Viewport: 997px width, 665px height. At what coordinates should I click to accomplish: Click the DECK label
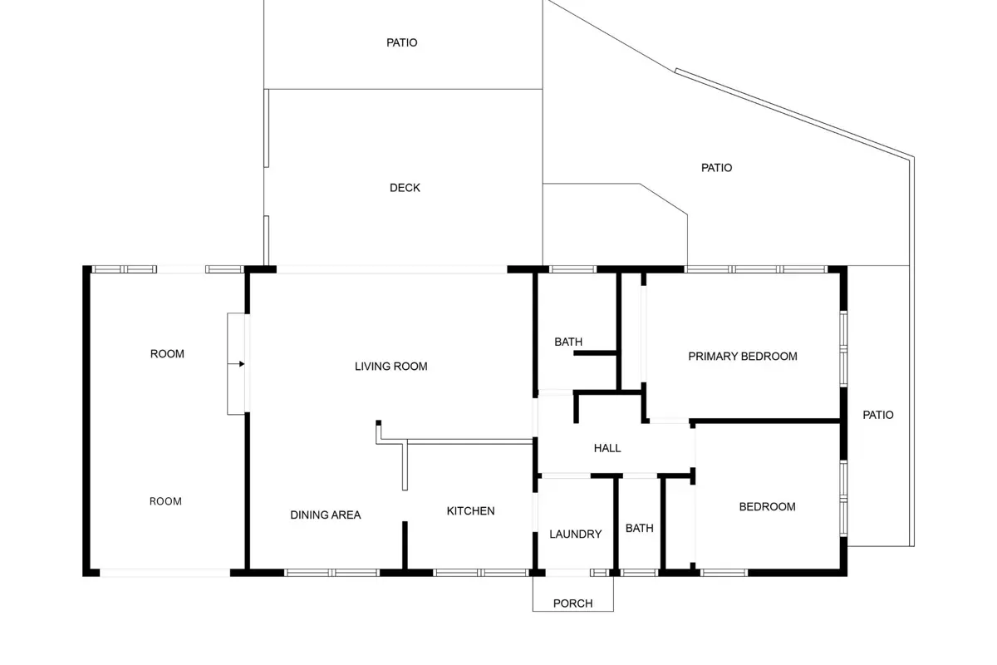point(405,188)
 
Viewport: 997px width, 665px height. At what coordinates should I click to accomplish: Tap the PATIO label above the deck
point(402,42)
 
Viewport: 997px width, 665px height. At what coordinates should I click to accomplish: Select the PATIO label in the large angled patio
point(716,168)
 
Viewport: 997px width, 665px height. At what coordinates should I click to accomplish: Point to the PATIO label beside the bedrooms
point(878,415)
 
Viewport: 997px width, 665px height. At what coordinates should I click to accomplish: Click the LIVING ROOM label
point(390,367)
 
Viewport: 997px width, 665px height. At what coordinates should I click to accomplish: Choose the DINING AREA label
point(326,515)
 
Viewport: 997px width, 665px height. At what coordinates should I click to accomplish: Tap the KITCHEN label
point(470,511)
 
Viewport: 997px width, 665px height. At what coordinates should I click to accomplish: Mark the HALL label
point(607,448)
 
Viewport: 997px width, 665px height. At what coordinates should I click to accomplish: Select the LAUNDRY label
point(576,534)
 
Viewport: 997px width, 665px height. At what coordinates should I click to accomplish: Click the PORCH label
point(572,603)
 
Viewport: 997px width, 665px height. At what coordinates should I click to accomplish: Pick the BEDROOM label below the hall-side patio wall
point(768,507)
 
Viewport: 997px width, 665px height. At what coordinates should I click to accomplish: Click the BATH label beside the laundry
point(640,528)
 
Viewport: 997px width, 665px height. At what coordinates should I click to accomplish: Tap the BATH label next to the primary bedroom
point(568,342)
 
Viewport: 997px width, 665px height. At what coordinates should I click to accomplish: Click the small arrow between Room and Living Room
point(236,364)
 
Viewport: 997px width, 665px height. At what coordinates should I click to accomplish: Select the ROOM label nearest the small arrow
point(167,354)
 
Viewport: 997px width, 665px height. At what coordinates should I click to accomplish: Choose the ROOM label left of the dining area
point(165,501)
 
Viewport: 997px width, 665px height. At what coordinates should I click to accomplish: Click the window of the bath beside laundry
point(639,573)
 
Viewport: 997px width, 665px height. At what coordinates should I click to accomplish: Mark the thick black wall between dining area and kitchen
point(405,545)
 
